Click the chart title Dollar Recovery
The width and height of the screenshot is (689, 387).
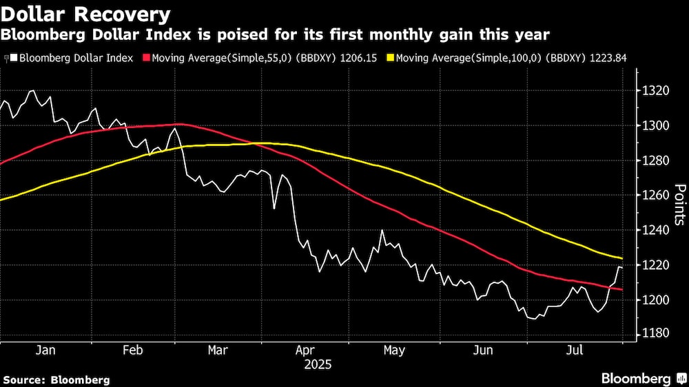(87, 14)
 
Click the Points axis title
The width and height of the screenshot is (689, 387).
(679, 204)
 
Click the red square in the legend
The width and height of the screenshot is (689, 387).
(146, 59)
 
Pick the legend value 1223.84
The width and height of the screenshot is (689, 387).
(609, 59)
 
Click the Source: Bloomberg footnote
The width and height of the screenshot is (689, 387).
(56, 379)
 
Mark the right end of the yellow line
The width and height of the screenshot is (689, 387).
(622, 258)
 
